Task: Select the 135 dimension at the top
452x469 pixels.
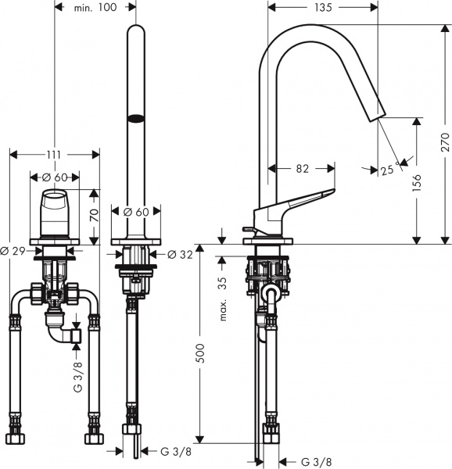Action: coord(323,7)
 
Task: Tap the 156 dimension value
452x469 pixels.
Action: coord(418,181)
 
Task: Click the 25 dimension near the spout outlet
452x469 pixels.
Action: coord(387,170)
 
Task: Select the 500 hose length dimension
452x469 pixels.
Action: coord(200,356)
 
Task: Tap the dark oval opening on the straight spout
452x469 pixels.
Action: coord(136,119)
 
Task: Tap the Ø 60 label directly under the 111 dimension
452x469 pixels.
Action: coord(54,177)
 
